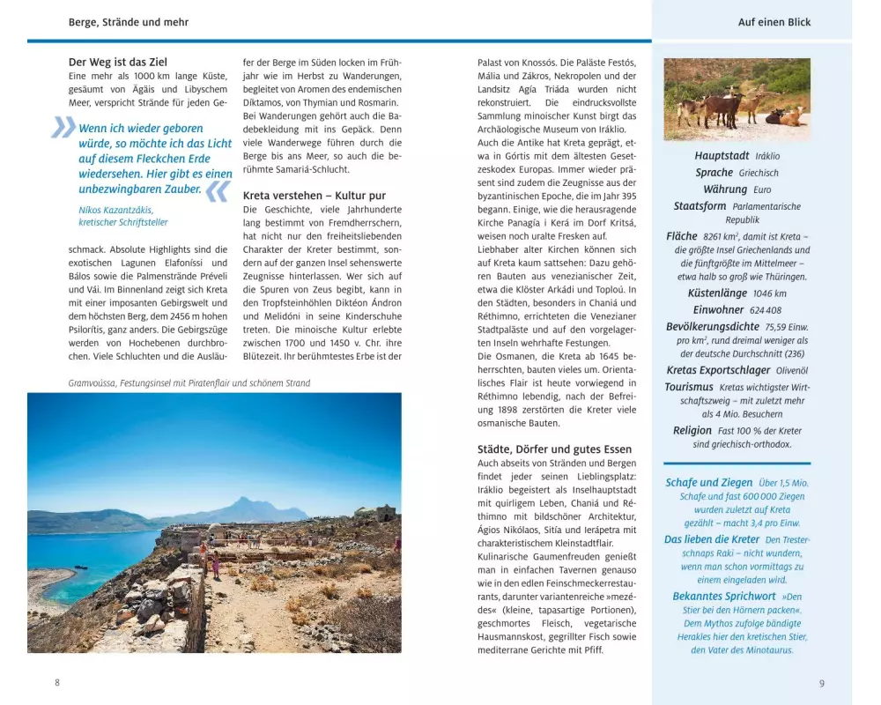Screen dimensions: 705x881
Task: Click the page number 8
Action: (57, 682)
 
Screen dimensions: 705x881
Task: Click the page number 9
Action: (821, 682)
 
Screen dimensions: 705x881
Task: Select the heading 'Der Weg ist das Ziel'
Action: (117, 63)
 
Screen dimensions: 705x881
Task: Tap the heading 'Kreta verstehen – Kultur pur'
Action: (314, 195)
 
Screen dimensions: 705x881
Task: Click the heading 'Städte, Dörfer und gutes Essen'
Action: (556, 449)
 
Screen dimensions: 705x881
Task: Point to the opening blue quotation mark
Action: (63, 129)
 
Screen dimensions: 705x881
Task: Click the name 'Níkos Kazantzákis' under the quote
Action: (115, 210)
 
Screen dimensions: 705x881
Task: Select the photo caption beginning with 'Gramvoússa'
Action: (189, 383)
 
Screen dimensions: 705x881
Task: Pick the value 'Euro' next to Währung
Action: (762, 189)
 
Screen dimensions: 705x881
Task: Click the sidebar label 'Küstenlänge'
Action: (717, 293)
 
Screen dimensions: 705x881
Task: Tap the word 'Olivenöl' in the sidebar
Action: (791, 371)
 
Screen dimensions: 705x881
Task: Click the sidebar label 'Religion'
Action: (692, 430)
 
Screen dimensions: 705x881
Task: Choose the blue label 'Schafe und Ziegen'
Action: (708, 482)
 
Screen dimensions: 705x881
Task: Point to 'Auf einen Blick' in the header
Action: (774, 22)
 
